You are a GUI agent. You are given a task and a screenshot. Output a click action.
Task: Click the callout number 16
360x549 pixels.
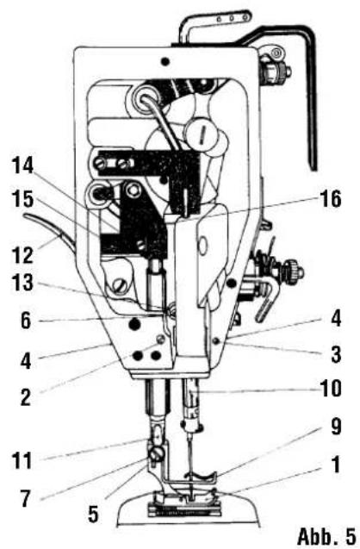tap(329, 200)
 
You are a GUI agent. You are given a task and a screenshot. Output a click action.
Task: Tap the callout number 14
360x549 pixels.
tap(23, 165)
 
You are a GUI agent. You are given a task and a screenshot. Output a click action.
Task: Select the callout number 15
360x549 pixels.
tap(23, 200)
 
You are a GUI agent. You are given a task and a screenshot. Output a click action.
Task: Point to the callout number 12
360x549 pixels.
tap(23, 255)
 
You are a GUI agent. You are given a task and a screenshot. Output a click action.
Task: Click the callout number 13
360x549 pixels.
tap(23, 282)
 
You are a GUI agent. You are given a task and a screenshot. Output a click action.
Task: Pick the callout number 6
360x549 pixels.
tap(26, 321)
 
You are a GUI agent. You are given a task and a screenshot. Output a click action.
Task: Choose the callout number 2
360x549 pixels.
tap(25, 397)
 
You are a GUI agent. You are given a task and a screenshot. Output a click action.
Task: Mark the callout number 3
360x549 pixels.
tap(336, 354)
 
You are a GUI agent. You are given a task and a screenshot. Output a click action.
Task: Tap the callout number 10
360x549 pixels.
tap(330, 389)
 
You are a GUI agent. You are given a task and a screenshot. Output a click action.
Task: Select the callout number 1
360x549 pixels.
tap(336, 465)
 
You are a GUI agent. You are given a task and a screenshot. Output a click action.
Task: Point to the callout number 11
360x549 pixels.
tap(22, 460)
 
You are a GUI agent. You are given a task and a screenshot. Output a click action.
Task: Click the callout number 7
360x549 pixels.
tap(25, 498)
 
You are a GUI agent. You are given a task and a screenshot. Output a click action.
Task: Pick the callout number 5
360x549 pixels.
tap(93, 514)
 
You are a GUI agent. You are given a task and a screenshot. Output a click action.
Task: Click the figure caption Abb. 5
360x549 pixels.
tap(326, 536)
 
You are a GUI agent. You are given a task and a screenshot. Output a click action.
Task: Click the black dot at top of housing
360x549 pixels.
tap(165, 62)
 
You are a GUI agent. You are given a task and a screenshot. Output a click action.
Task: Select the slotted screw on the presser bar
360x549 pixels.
tap(157, 456)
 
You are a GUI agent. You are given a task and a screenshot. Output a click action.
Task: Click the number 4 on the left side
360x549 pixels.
tap(26, 360)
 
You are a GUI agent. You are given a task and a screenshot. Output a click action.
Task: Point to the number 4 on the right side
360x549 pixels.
tap(336, 319)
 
